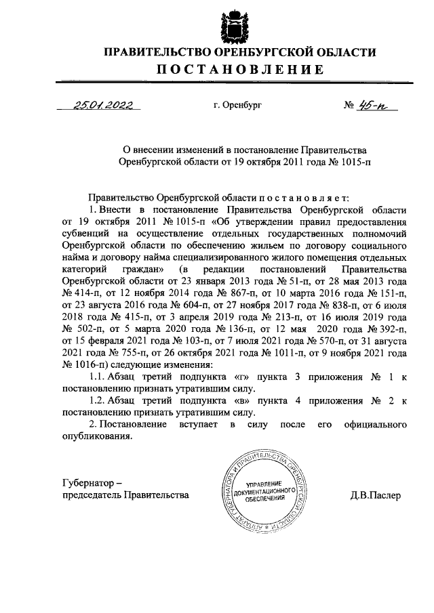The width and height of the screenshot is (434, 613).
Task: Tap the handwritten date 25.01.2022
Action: point(102,105)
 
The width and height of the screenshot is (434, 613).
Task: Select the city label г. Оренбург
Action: point(237,106)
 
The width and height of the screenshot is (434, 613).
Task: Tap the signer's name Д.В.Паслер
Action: point(376,495)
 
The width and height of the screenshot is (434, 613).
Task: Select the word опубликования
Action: point(95,436)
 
